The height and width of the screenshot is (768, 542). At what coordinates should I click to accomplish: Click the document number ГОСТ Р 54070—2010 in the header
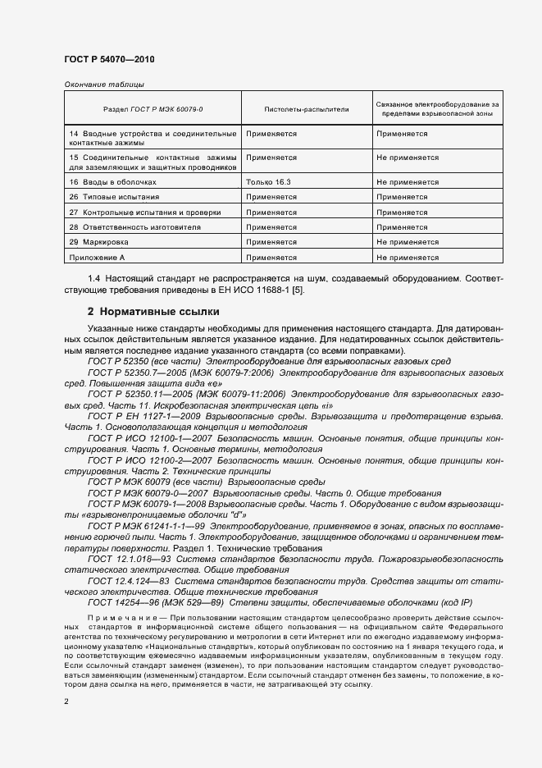108,59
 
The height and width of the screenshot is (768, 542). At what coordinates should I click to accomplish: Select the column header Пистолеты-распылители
295,108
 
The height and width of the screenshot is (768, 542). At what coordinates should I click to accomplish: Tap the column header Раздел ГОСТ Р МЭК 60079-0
153,108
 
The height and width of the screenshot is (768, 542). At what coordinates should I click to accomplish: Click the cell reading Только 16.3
267,182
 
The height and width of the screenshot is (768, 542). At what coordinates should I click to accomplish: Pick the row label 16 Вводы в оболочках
112,182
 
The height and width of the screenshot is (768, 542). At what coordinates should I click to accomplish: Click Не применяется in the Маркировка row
408,242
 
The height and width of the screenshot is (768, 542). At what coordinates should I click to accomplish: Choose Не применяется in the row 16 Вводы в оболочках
408,182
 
